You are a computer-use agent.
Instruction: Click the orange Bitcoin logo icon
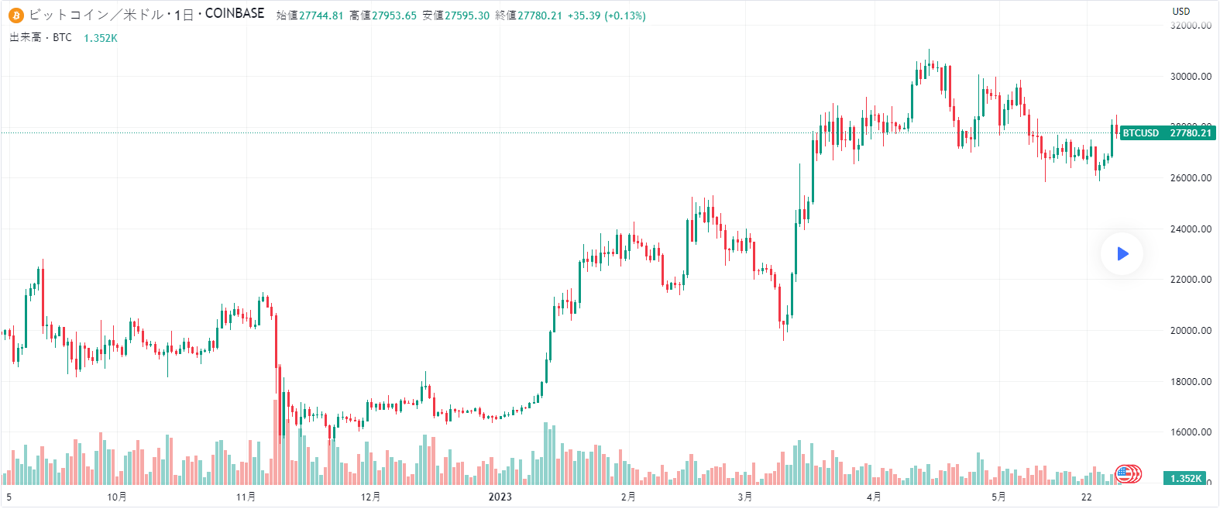16,15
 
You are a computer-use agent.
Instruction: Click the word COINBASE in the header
235,14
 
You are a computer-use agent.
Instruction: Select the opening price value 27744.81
321,15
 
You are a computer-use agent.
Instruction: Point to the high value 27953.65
393,15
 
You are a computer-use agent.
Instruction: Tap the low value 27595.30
467,15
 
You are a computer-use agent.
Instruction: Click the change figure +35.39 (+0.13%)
607,15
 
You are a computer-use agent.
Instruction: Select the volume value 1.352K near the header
101,38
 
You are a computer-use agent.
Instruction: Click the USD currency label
1181,11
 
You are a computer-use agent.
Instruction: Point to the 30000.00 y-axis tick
1191,76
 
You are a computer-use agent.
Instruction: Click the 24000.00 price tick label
1191,229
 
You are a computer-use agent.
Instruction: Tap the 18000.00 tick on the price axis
1191,381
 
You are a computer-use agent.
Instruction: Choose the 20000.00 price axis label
1191,330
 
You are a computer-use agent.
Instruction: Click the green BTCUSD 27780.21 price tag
1167,133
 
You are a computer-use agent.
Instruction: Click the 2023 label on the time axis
500,497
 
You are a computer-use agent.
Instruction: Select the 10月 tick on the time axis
117,497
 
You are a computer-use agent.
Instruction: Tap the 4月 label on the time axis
874,497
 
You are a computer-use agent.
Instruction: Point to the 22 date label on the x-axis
1087,497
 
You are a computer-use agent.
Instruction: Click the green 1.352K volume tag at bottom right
1185,479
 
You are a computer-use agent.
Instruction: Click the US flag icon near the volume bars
1124,473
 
